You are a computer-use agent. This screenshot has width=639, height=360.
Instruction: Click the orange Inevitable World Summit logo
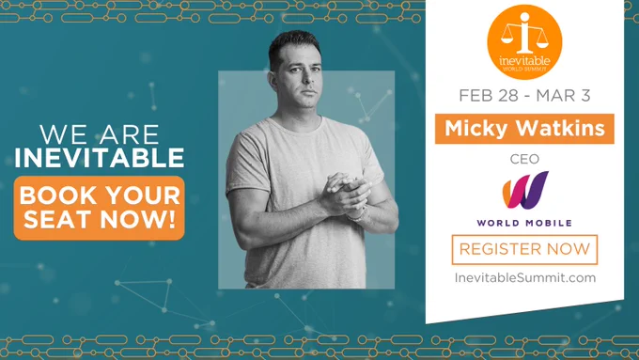(524, 41)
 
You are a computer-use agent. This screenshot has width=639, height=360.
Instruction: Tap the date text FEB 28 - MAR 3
(524, 96)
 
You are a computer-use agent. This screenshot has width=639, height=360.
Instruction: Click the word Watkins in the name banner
(560, 128)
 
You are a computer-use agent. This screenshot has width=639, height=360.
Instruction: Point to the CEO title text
(524, 159)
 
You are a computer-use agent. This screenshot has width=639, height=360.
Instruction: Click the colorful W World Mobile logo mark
(525, 191)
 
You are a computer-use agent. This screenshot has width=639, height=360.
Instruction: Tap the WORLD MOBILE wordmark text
(524, 223)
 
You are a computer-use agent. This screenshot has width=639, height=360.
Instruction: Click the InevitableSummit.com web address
(525, 277)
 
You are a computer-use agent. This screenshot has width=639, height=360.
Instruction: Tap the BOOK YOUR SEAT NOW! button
(99, 208)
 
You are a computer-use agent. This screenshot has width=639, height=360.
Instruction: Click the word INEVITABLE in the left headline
(100, 158)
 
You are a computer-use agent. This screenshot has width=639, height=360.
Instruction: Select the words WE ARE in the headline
(100, 134)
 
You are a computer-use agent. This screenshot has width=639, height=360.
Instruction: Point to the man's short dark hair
(294, 45)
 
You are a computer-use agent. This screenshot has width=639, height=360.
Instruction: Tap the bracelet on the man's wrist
(359, 215)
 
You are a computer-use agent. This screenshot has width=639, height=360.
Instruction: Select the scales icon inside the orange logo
(524, 34)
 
